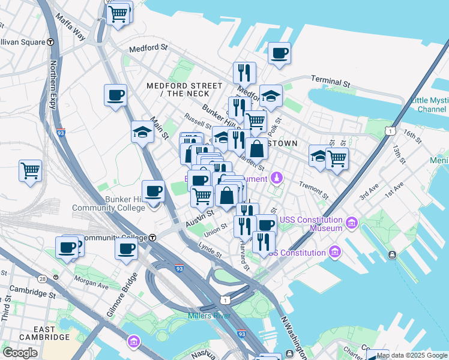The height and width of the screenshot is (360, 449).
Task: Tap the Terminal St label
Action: point(330,80)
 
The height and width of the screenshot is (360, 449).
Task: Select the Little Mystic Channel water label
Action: point(429,105)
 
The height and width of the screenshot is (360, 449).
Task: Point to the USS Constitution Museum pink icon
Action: point(352,224)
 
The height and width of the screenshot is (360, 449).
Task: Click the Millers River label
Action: point(207,316)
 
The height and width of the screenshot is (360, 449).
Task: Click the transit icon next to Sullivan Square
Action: point(51,42)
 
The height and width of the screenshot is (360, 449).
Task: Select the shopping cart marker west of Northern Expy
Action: point(30,170)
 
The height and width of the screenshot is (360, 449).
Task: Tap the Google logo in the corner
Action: point(20,352)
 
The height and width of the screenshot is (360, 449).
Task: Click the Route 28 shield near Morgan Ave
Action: point(43,279)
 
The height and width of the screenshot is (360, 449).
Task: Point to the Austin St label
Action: point(200,218)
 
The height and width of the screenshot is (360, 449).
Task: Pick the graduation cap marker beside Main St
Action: point(143,133)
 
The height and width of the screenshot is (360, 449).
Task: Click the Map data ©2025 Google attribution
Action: point(411,355)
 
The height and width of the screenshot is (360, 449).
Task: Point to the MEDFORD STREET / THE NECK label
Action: point(178,89)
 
